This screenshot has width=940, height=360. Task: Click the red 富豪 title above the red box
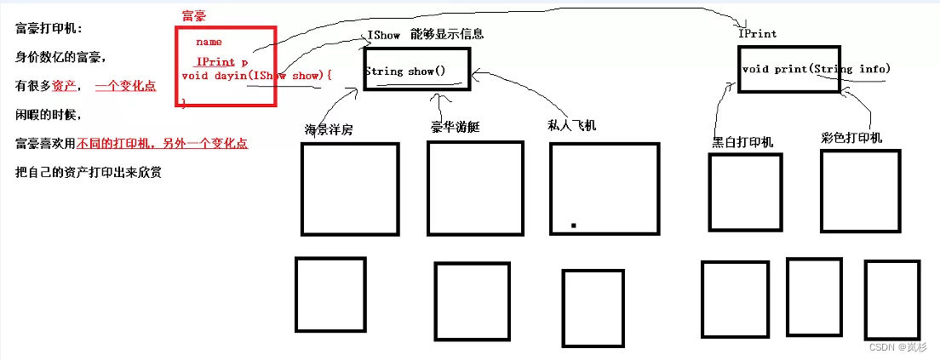(x=194, y=16)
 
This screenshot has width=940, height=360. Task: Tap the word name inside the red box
(x=209, y=41)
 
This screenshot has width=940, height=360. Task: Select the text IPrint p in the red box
(x=221, y=62)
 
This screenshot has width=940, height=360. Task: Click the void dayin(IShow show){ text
(x=256, y=77)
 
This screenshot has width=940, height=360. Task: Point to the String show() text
(x=405, y=71)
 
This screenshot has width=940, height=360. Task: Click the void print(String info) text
(x=816, y=69)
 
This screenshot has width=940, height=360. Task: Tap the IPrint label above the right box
(x=758, y=34)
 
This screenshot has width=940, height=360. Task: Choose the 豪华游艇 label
(x=456, y=127)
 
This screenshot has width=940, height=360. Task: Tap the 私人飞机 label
(x=572, y=125)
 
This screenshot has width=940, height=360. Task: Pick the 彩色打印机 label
(x=851, y=138)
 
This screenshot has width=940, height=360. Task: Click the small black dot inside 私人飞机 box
(x=574, y=226)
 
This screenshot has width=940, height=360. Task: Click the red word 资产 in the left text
(x=65, y=86)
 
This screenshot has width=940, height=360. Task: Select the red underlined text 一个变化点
(x=125, y=86)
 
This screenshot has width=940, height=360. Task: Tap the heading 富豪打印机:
(x=49, y=28)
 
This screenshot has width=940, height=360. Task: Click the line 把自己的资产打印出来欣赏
(x=89, y=173)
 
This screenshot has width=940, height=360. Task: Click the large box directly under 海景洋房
(x=350, y=188)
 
